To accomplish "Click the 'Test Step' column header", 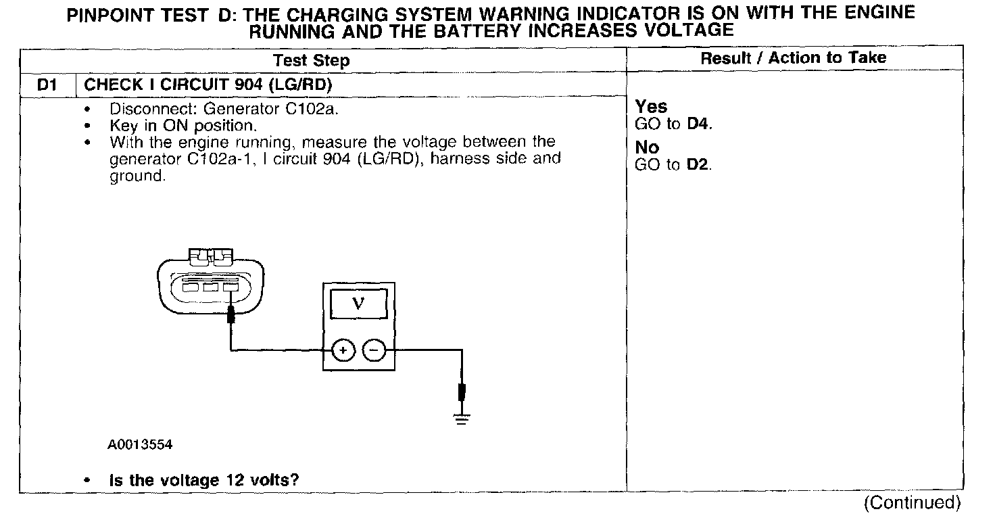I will pyautogui.click(x=312, y=60).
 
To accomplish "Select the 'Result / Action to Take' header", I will pyautogui.click(x=793, y=58).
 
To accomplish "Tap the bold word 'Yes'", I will pyautogui.click(x=651, y=107).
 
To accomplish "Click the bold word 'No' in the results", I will pyautogui.click(x=647, y=147).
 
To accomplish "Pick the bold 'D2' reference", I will pyautogui.click(x=698, y=165).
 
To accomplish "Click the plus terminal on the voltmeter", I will pyautogui.click(x=343, y=350).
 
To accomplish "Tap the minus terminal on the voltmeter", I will pyautogui.click(x=374, y=350).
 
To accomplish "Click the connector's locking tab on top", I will pyautogui.click(x=211, y=256).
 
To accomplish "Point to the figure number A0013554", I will pyautogui.click(x=139, y=444).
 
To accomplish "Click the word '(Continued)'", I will pyautogui.click(x=912, y=503).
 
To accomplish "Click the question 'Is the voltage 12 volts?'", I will pyautogui.click(x=204, y=480).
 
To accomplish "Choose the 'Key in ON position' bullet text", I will pyautogui.click(x=183, y=125).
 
